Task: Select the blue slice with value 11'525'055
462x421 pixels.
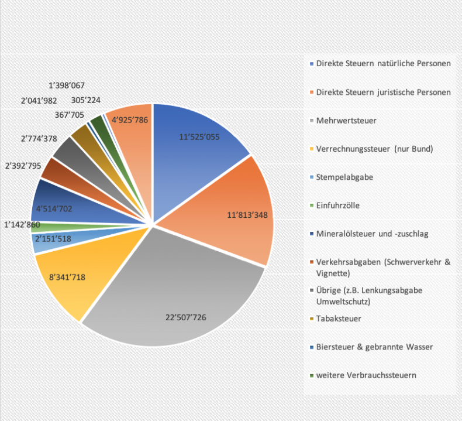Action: [199, 141]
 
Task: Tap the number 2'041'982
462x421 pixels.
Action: [40, 101]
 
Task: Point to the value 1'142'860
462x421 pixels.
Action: [23, 224]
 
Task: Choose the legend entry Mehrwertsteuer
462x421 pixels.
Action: [346, 120]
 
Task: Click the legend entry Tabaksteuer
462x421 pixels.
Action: [339, 319]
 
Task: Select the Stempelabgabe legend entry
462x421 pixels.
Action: [344, 177]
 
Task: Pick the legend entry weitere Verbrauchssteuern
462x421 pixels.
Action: [366, 375]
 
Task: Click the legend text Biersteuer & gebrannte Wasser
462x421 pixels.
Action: [374, 347]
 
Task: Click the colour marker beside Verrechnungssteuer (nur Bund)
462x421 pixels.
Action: [312, 149]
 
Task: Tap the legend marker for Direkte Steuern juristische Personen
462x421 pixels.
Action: [312, 93]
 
